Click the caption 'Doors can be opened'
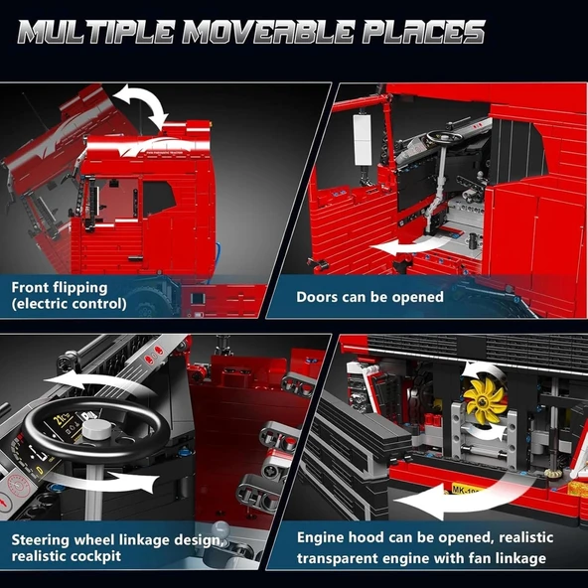(369, 296)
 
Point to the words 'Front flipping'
(60, 287)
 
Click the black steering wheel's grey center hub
(96, 429)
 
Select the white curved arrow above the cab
(141, 105)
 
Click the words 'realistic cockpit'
(67, 556)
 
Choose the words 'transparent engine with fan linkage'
(421, 558)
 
